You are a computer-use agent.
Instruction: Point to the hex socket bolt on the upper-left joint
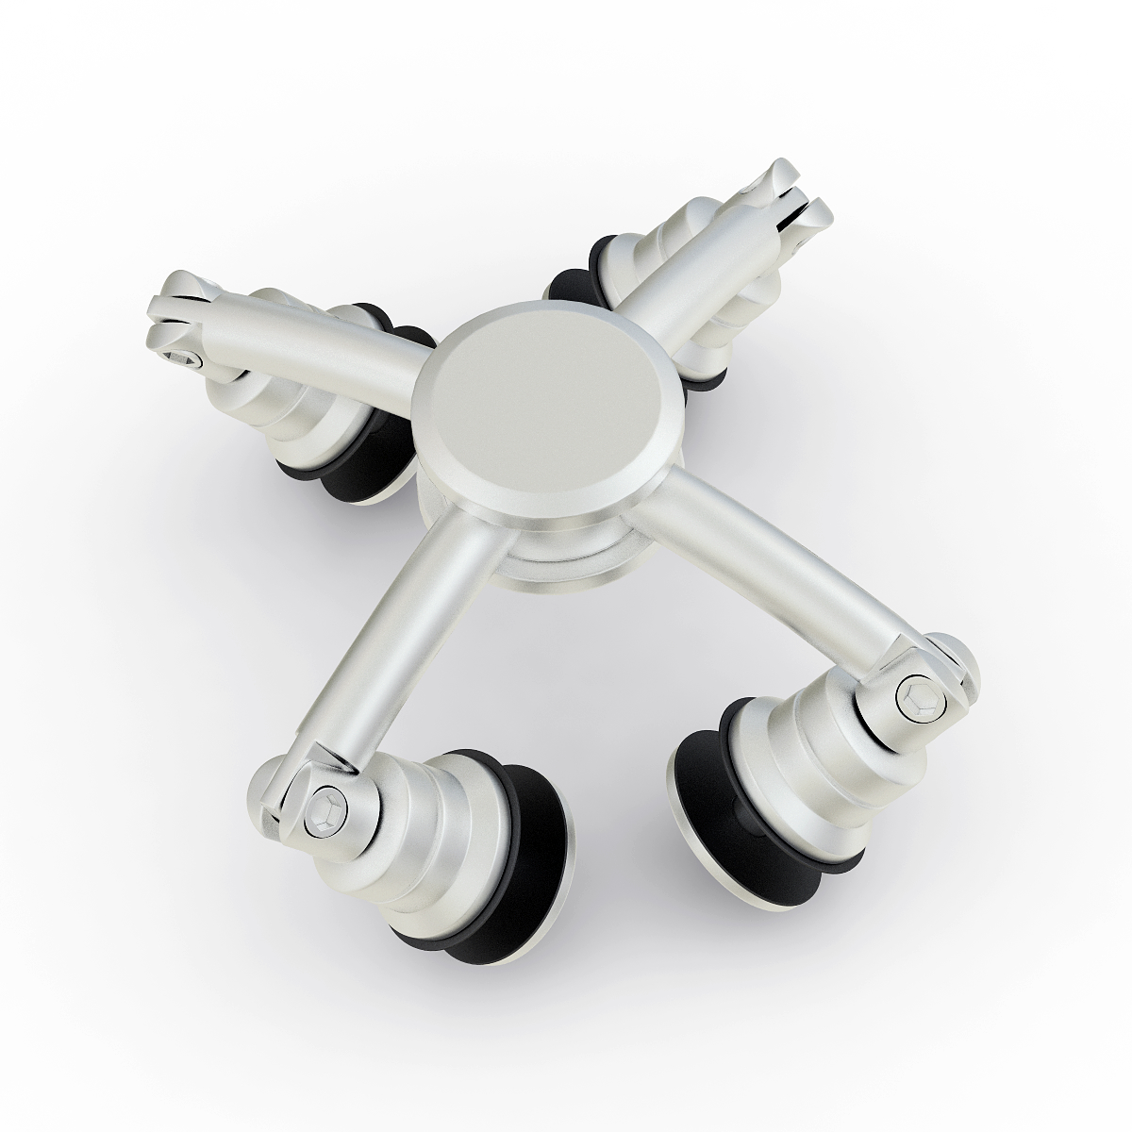point(181,358)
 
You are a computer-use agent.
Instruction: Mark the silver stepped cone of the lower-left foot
point(443,830)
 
